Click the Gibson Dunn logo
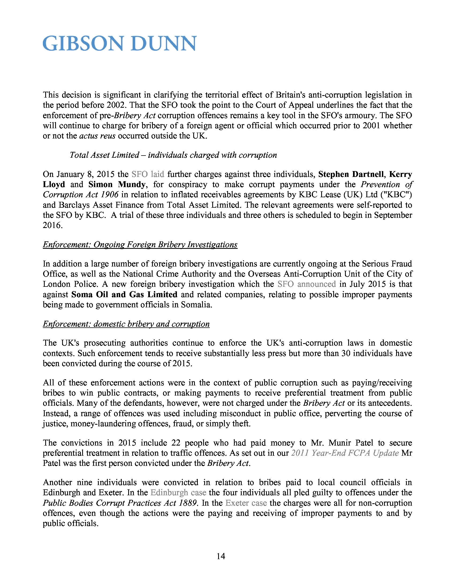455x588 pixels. (119, 44)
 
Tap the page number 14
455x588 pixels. (221, 556)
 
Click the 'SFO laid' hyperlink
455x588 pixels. (148, 174)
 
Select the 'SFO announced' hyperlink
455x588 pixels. (306, 284)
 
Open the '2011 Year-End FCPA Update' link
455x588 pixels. (345, 453)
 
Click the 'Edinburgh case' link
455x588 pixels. (178, 492)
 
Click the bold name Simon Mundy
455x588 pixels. (117, 184)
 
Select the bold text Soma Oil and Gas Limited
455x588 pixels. (124, 294)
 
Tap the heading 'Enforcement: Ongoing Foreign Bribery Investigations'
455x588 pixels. (140, 245)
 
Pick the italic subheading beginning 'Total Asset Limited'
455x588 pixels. (173, 155)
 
